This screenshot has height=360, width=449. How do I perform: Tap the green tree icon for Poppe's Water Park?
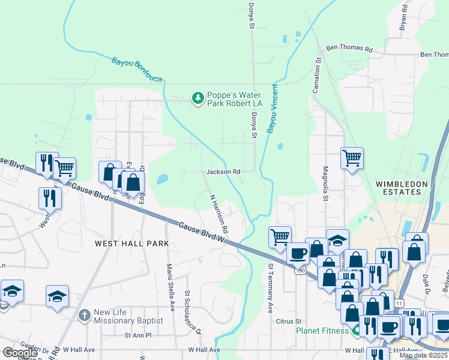click(197, 97)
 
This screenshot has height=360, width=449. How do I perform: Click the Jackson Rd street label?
click(223, 172)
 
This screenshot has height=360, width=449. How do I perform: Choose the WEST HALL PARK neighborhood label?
click(131, 244)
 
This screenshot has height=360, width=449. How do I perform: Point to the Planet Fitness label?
click(322, 331)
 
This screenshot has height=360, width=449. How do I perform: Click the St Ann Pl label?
click(136, 335)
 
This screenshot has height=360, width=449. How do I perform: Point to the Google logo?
click(20, 353)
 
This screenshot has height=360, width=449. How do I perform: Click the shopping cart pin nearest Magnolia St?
click(352, 158)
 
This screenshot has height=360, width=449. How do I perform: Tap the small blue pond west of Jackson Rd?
click(162, 179)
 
